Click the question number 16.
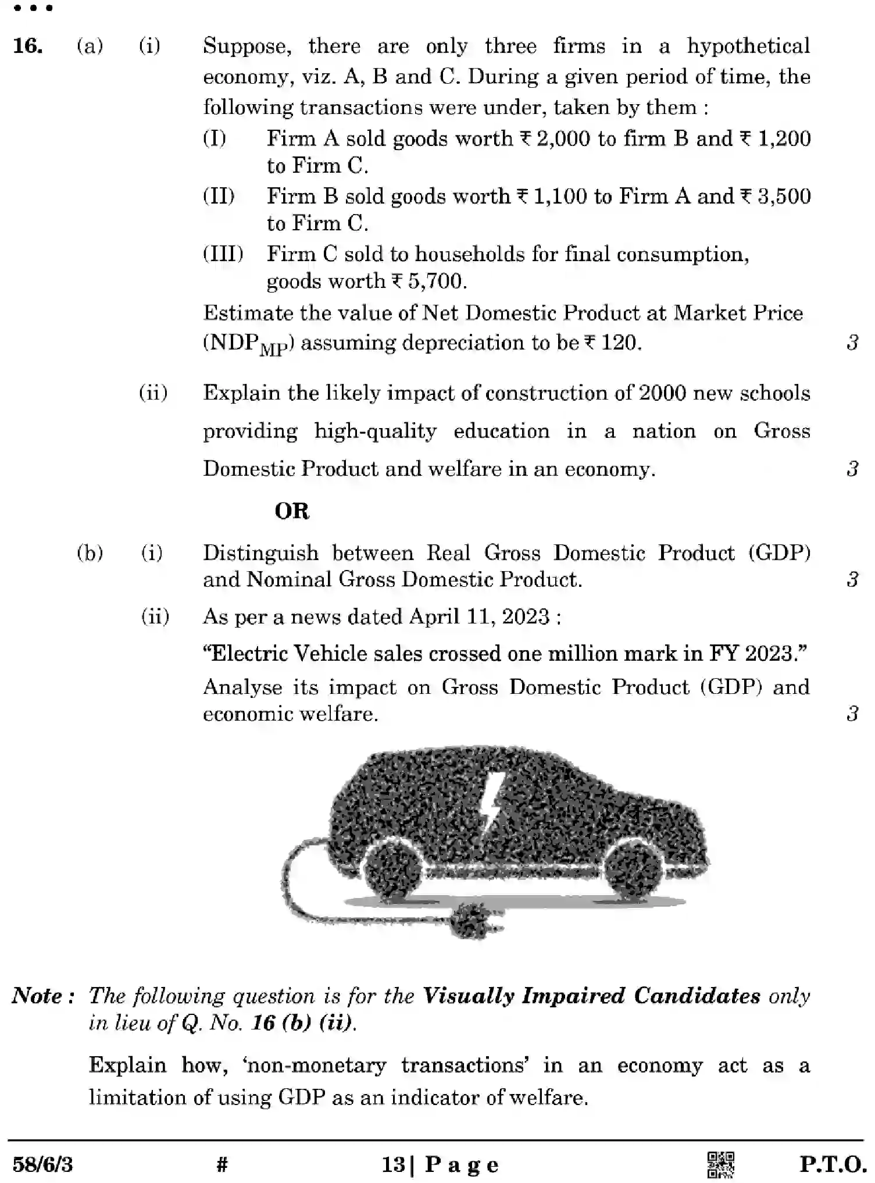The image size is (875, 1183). coord(27,46)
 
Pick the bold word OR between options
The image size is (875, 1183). coord(292,512)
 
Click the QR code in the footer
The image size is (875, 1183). coord(720,1165)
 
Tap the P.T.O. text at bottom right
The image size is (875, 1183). coord(833,1165)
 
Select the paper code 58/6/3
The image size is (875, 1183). coord(42,1165)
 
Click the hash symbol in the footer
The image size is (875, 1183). coord(222,1165)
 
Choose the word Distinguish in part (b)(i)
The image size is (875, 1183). coord(260,553)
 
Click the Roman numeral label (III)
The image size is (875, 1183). coord(223,254)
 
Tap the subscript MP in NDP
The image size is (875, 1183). coord(273,350)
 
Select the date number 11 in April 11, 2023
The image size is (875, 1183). coord(477,617)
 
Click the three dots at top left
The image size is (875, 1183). coord(33,8)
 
